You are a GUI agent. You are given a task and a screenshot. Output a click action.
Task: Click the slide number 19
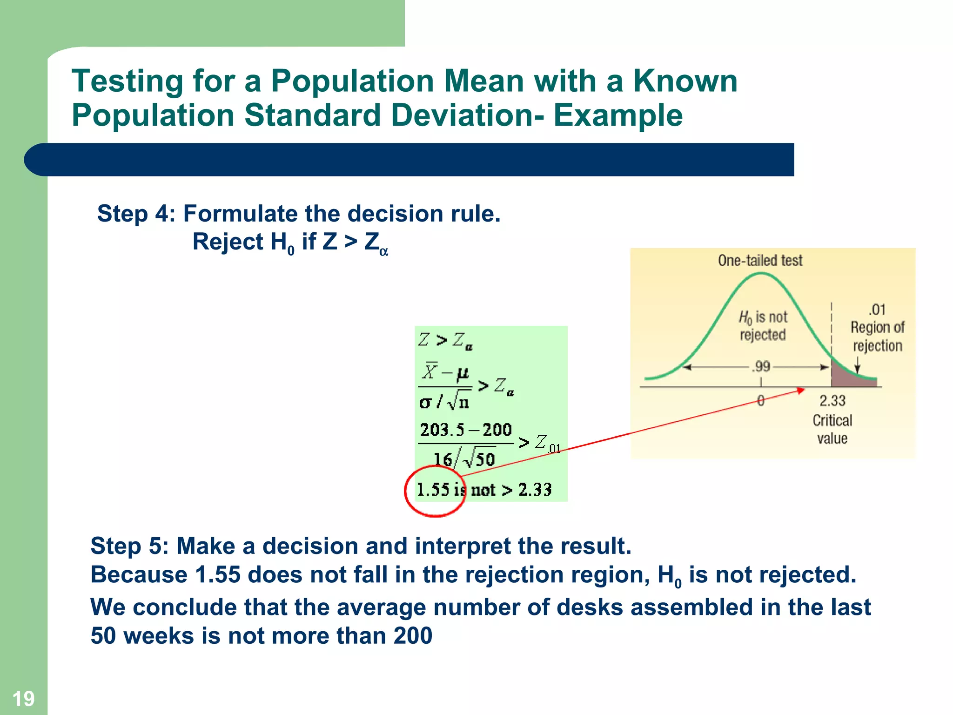coord(23,699)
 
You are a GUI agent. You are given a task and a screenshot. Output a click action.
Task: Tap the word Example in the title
coord(617,115)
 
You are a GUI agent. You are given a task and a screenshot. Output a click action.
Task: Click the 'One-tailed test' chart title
coord(760,260)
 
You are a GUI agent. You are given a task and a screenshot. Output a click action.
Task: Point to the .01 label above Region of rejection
coord(877,310)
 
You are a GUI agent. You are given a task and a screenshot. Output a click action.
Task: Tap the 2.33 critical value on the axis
coord(832,401)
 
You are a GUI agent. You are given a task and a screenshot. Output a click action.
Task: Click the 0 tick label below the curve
coord(760,401)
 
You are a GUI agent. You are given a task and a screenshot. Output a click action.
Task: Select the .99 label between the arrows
coord(761,367)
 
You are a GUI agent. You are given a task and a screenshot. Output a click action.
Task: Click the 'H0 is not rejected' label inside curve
coord(763,326)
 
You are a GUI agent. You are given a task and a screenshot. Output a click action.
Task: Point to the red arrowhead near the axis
coord(801,391)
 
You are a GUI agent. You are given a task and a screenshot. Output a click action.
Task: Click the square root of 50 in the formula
coord(479,459)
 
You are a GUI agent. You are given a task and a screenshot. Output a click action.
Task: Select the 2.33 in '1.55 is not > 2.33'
coord(535,490)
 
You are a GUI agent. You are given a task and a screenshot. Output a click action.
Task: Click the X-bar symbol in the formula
coord(430,371)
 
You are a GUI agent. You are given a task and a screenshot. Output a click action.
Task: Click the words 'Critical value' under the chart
coord(832,429)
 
